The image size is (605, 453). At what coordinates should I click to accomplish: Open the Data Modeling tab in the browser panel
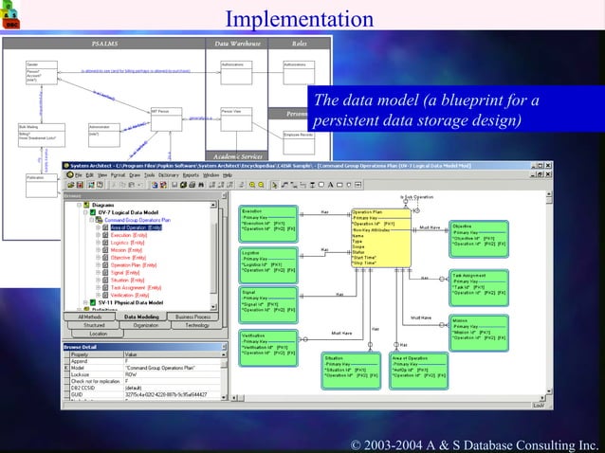(x=141, y=317)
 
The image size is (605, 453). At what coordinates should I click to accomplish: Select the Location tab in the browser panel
(x=98, y=334)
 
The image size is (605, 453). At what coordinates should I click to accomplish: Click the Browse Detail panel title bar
(x=142, y=346)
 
